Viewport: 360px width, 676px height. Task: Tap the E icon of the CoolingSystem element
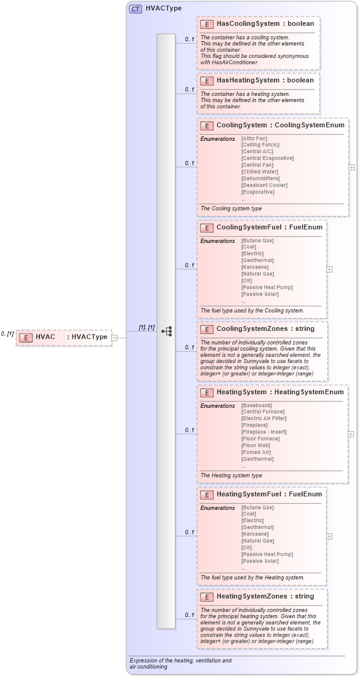(x=207, y=125)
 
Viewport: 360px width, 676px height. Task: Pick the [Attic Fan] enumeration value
(x=254, y=138)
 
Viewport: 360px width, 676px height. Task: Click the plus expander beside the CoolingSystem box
(x=351, y=167)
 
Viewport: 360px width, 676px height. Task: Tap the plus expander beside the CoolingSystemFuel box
(x=329, y=269)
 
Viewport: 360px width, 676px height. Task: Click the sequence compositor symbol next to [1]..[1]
(x=166, y=331)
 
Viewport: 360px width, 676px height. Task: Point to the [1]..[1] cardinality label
(x=146, y=327)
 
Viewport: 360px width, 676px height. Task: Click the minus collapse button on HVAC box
(x=114, y=337)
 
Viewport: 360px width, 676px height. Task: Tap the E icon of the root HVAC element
(x=26, y=337)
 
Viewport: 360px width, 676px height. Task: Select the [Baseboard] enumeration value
(x=257, y=405)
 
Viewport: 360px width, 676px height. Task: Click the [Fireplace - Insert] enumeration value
(x=264, y=432)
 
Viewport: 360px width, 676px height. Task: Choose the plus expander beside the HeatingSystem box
(x=351, y=434)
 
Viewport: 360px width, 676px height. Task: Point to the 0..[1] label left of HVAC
(x=7, y=333)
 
